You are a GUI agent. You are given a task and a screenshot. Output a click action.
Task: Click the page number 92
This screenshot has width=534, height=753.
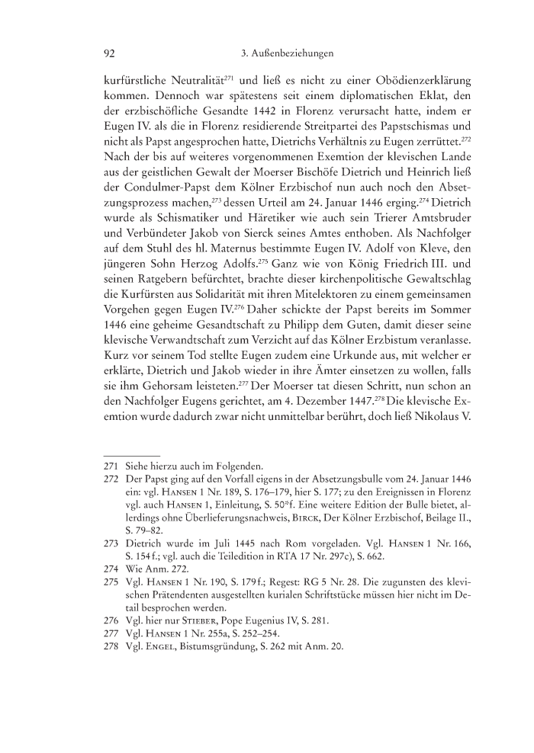point(109,53)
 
